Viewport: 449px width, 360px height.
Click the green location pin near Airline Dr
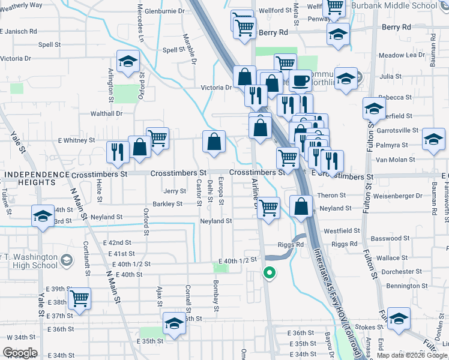tap(270, 274)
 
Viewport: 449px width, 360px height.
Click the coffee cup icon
tap(301, 80)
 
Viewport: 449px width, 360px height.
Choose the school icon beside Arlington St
tap(128, 61)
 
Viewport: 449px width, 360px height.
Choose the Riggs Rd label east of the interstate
tap(344, 245)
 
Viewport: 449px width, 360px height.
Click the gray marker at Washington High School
tap(66, 260)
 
